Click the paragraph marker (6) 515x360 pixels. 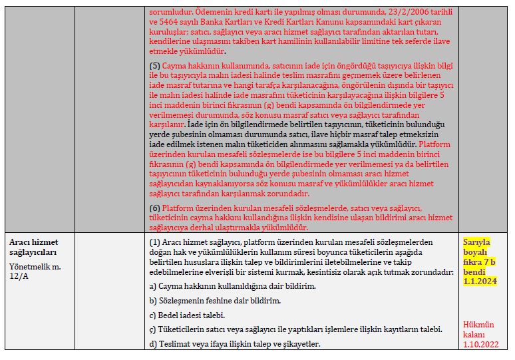pos(155,208)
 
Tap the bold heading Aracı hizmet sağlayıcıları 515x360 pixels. pos(33,247)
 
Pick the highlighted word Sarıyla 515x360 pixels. pos(476,242)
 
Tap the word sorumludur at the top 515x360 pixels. pos(172,13)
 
